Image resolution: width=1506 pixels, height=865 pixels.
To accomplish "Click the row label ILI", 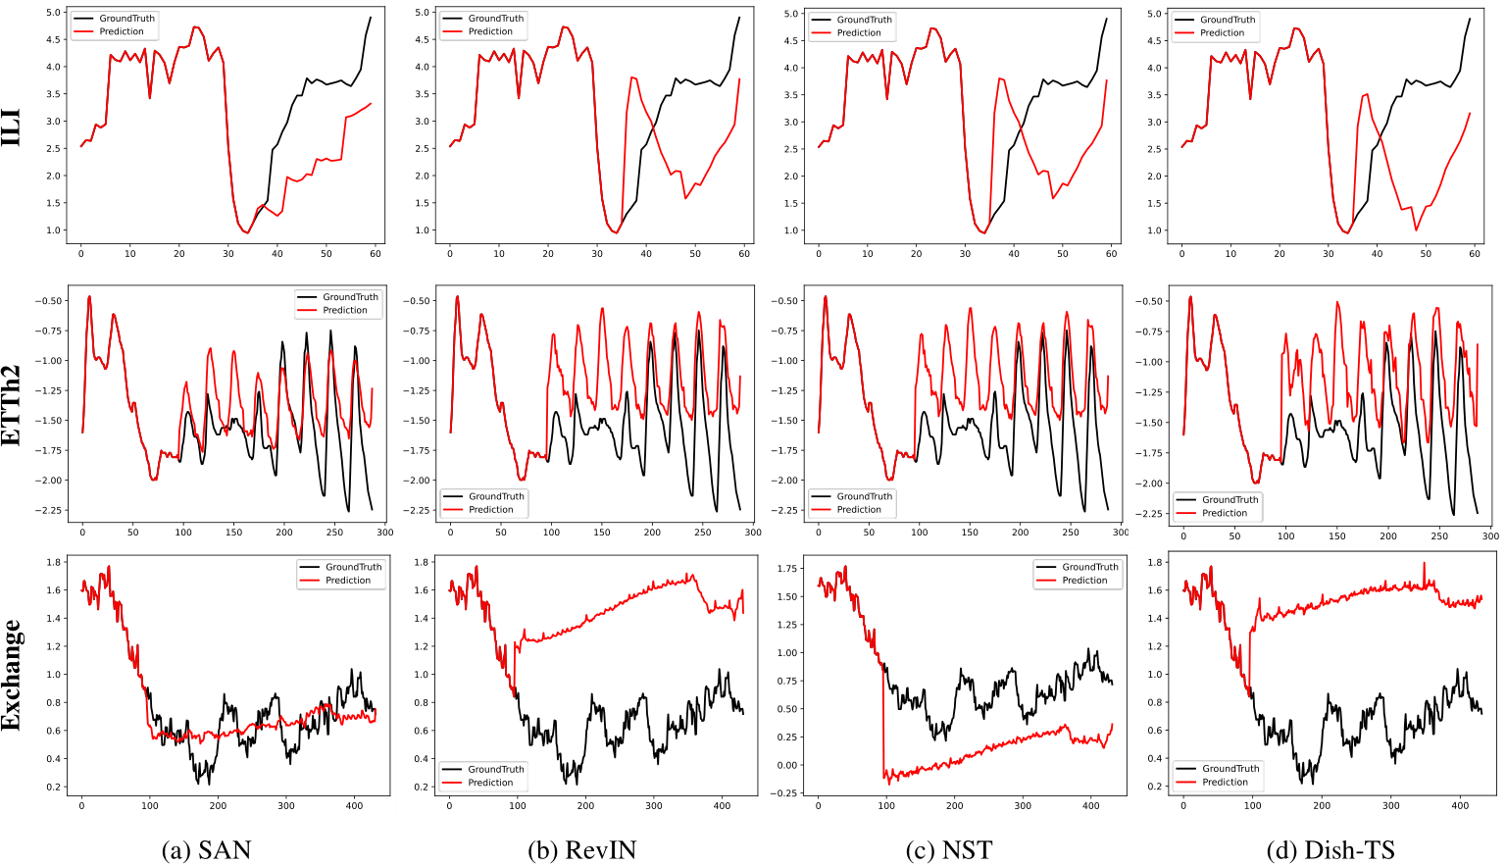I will coord(12,127).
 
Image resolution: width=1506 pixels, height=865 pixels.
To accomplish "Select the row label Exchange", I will coord(12,675).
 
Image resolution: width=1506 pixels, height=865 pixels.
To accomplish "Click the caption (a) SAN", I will coord(206,849).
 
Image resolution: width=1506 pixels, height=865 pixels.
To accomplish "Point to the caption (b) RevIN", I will coord(581,849).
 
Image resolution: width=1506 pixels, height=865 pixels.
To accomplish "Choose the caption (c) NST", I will coord(954,849).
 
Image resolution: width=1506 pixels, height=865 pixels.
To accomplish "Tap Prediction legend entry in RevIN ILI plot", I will coord(490,31).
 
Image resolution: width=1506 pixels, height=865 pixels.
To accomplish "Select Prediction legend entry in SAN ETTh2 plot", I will coord(345,310).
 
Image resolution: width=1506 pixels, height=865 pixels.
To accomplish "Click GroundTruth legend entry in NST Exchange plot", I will coord(1089,567).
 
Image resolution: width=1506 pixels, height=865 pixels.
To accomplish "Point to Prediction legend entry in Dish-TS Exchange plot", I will coord(1225,782).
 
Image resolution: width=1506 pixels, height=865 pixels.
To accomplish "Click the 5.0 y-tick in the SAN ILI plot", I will coord(52,13).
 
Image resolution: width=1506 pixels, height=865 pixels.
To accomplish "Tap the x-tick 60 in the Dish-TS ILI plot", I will coord(1475,254).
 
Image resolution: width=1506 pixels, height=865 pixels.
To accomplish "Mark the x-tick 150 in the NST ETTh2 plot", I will coord(970,533).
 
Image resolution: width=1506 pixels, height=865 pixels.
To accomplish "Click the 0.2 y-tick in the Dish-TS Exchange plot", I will coord(1154,787).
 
